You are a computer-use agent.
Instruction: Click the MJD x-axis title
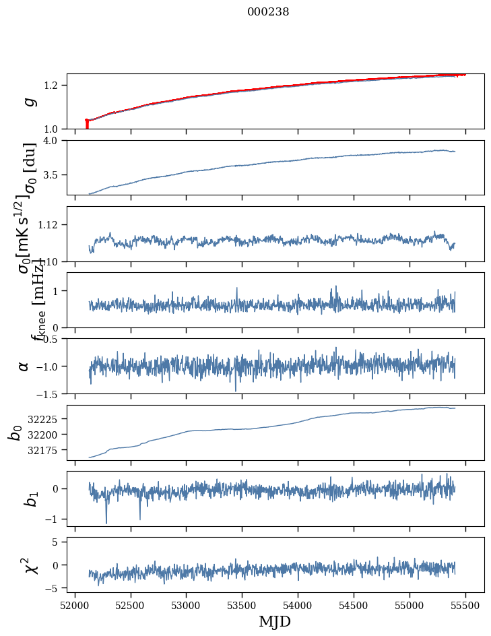(275, 621)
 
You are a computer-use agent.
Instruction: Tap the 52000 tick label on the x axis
(75, 605)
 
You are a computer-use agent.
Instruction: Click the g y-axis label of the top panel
(28, 102)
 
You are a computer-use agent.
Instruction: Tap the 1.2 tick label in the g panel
(53, 85)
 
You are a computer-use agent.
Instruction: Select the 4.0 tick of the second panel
(53, 140)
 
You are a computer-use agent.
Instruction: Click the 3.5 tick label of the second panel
(53, 175)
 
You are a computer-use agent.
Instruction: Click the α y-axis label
(24, 366)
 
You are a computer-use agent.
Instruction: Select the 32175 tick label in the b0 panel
(44, 450)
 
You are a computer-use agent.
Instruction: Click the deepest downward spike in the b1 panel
(106, 523)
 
